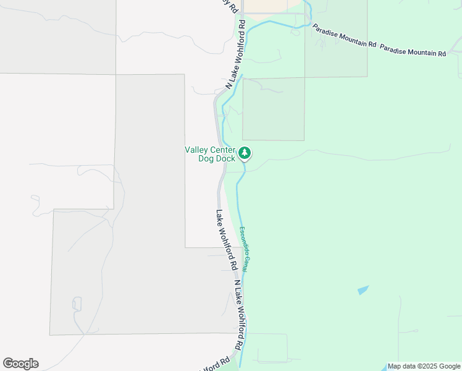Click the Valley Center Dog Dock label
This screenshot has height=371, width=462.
coord(210,153)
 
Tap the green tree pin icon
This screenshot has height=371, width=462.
coord(245,152)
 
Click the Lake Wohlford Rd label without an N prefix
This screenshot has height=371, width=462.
coord(227,240)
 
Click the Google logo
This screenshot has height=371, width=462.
coord(20,364)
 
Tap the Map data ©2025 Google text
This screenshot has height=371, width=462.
coord(424,366)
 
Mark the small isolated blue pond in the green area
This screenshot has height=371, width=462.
coord(363,289)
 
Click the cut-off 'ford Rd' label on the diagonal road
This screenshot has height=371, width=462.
coord(216,364)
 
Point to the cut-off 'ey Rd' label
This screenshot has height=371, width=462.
coord(229,6)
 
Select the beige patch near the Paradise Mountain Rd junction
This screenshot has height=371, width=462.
coord(266,6)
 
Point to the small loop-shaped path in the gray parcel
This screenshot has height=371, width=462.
coord(77,305)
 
